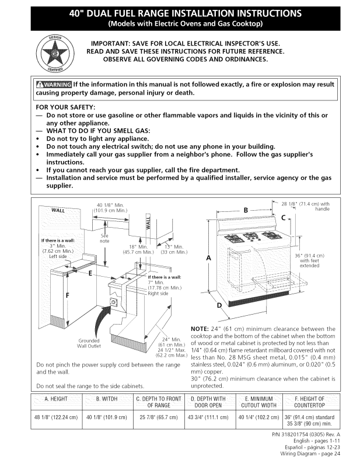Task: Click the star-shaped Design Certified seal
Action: (x=53, y=53)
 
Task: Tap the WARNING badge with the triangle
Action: (x=54, y=85)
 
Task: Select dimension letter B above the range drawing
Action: (x=246, y=210)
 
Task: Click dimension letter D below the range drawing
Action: (x=219, y=306)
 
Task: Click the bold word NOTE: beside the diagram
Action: (x=203, y=329)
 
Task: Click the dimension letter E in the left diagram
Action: (x=89, y=273)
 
